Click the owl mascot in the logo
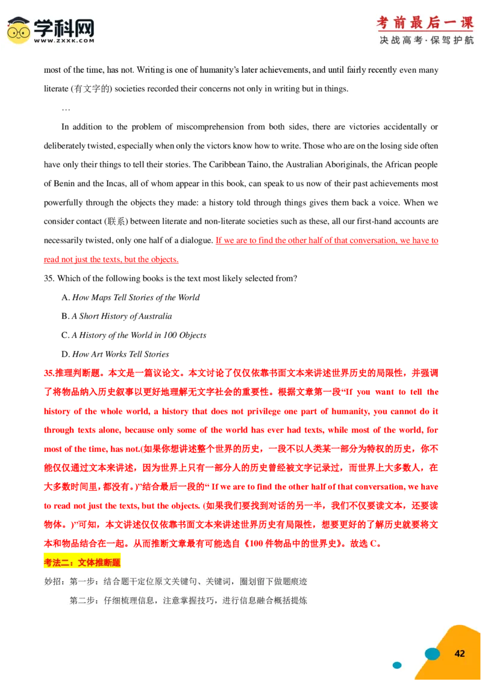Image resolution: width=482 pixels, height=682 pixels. (x=19, y=30)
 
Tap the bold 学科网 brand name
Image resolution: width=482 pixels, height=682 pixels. (x=64, y=27)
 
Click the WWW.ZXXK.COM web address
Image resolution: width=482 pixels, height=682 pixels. (x=64, y=41)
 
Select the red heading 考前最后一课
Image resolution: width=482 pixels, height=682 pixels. (x=425, y=22)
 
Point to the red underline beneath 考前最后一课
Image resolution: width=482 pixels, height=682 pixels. (x=425, y=31)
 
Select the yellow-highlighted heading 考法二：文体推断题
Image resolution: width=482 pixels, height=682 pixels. (x=83, y=562)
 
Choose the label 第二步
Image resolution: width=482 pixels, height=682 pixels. (x=83, y=601)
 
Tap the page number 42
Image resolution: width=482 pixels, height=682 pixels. (x=460, y=654)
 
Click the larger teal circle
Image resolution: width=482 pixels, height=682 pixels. (x=432, y=654)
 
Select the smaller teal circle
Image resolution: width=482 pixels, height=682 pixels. (x=397, y=665)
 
